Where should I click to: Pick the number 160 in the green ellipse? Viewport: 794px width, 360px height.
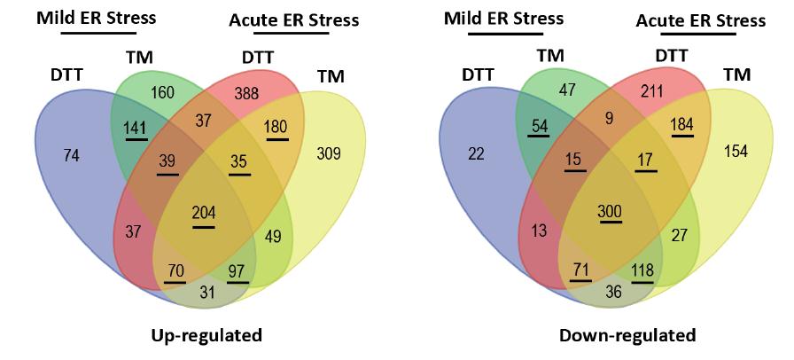click(164, 91)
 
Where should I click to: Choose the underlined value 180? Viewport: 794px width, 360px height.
click(276, 127)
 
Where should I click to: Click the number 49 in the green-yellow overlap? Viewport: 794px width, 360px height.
click(274, 236)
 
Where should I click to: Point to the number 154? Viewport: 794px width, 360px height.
click(736, 152)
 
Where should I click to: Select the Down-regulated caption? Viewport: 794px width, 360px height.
click(627, 335)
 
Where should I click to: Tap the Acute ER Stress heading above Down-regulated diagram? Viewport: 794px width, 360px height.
click(700, 20)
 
